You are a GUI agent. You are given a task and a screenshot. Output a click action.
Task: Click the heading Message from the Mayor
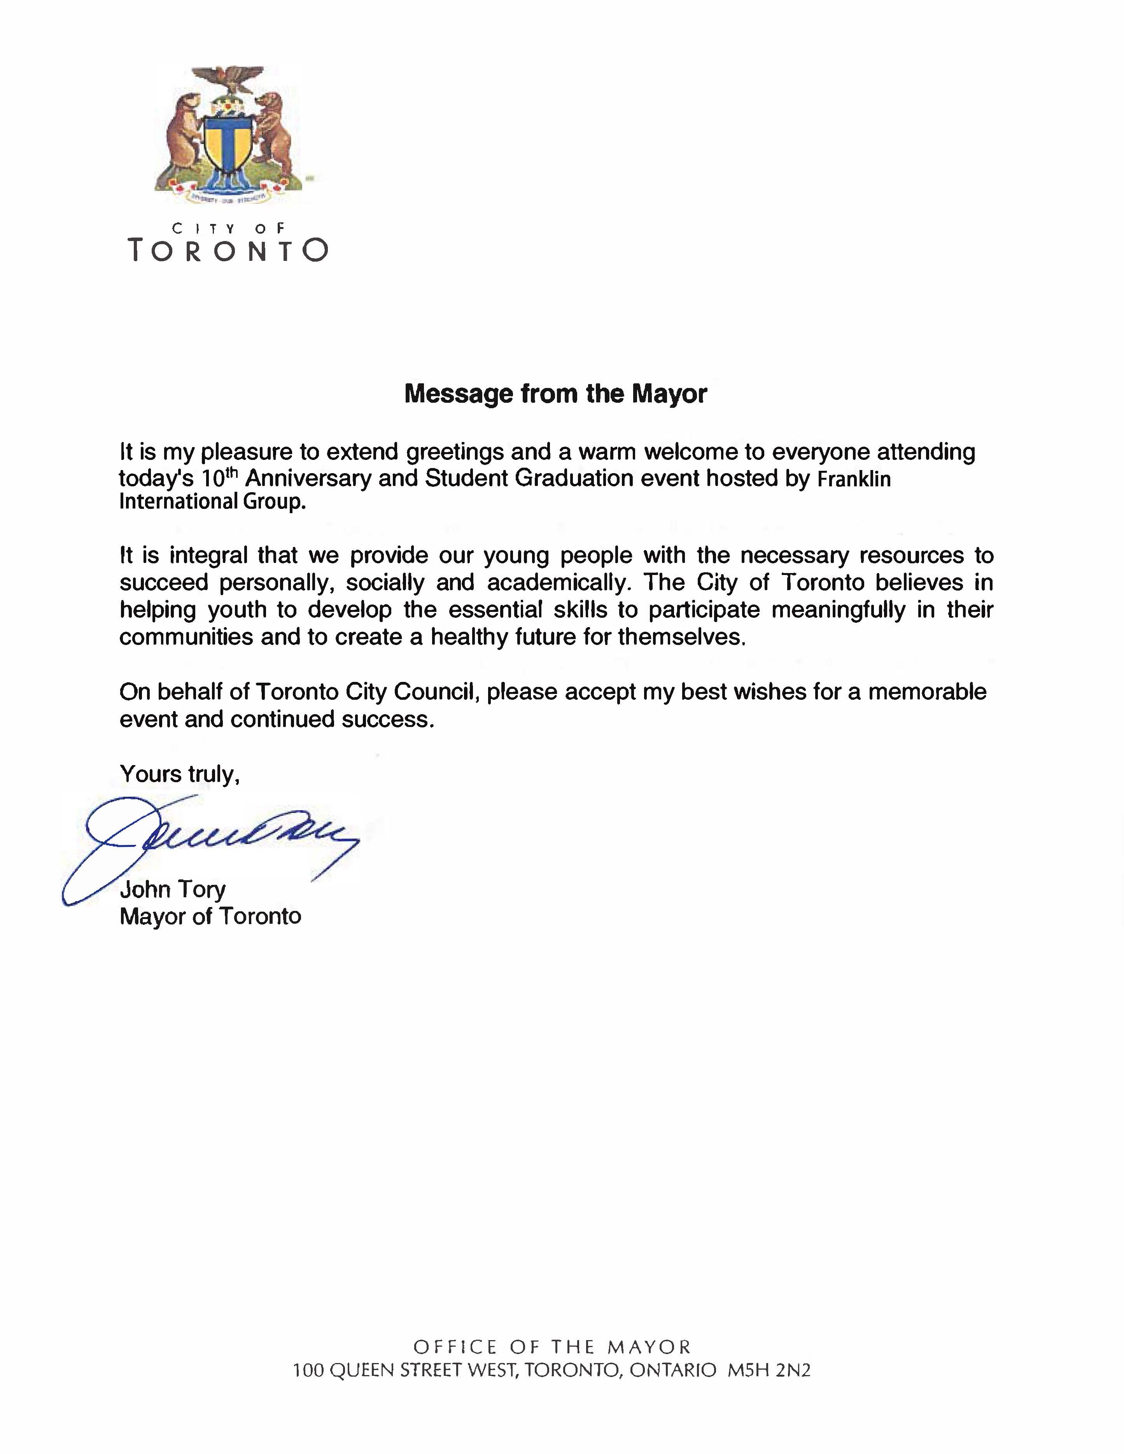(555, 394)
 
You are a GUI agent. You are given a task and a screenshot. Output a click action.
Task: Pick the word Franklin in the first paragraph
(854, 479)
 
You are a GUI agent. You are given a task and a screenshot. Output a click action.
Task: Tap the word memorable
(927, 692)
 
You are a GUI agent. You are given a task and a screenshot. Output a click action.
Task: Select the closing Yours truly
(179, 774)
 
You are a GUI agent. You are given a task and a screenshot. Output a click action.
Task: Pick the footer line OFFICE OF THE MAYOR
(552, 1347)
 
